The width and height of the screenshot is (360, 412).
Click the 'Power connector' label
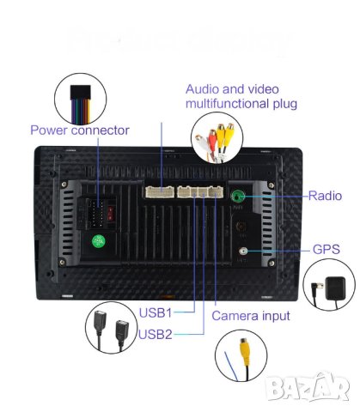[x=79, y=130]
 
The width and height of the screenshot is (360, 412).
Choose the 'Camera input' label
[x=251, y=315]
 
